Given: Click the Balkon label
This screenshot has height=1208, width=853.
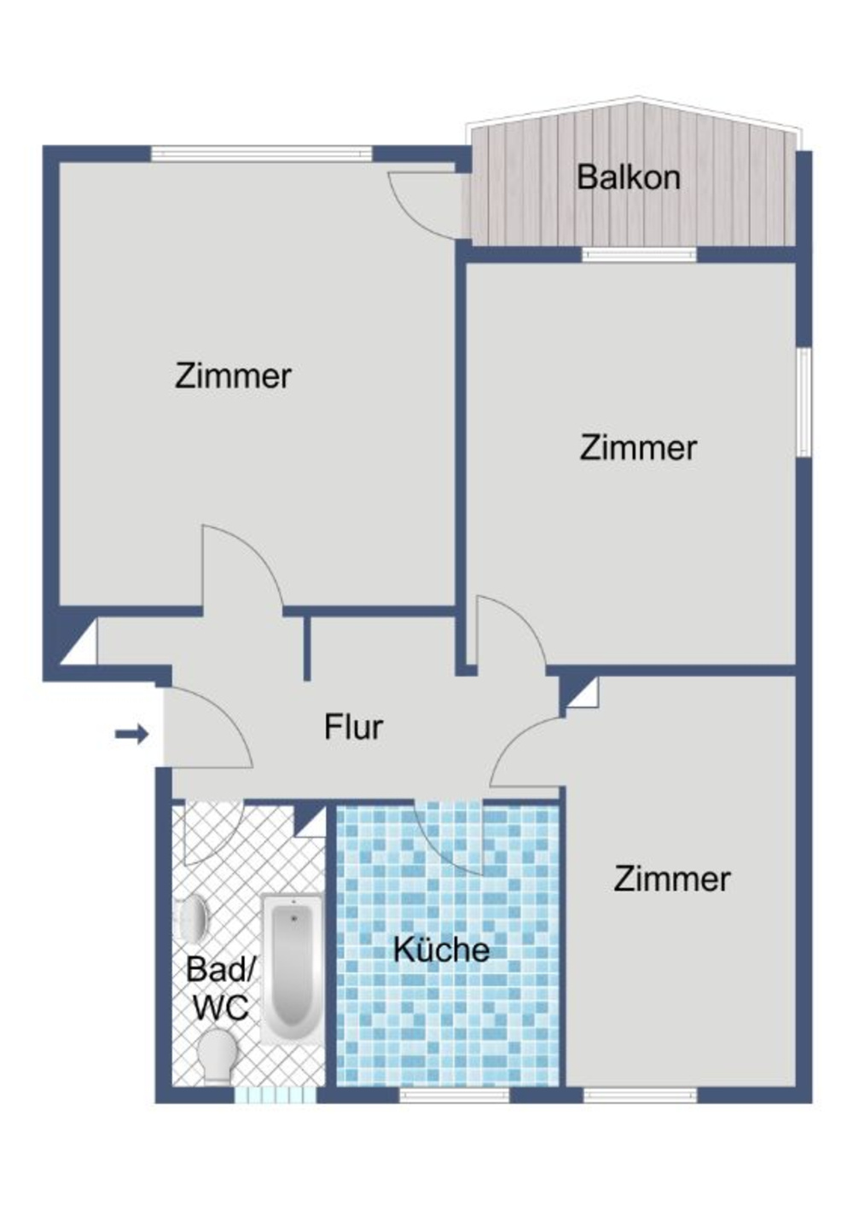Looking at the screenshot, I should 628,177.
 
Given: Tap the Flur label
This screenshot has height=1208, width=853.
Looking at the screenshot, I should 353,727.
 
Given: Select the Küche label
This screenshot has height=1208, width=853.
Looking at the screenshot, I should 441,950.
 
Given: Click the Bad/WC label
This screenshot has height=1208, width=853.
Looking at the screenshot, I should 221,989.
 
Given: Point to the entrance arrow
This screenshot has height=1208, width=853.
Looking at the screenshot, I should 132,733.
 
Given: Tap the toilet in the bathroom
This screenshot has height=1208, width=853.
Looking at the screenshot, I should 217,1054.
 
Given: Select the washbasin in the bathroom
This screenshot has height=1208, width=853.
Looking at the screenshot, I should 193,918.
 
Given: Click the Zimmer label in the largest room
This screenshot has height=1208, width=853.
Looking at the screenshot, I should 233,375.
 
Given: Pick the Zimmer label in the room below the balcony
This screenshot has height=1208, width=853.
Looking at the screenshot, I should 638,448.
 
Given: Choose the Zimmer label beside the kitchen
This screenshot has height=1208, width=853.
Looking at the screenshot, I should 671,879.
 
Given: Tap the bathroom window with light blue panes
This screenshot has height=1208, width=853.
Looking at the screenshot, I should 275,1095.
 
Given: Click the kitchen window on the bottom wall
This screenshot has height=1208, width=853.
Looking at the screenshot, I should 454,1095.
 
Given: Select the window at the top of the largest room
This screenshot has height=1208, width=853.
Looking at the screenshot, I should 261,154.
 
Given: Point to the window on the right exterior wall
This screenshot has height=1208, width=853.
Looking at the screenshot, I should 803,401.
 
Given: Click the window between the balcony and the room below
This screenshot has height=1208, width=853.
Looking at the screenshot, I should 639,254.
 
